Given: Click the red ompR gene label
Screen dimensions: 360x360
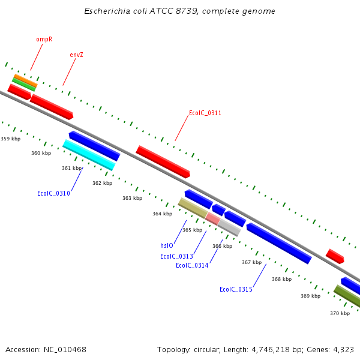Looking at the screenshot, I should click(44, 39).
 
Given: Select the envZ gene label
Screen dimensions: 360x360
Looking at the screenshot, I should click(76, 55).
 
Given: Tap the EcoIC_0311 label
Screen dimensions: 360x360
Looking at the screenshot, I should click(205, 113).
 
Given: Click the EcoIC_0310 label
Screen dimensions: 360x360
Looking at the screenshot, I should click(53, 193).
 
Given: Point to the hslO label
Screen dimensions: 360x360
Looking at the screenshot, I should click(166, 245).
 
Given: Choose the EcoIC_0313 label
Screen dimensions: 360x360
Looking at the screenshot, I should click(176, 256).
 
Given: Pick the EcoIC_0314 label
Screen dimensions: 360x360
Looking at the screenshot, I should click(192, 265).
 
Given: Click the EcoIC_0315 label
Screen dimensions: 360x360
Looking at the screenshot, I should click(236, 289).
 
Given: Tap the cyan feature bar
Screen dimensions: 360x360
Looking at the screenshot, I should click(89, 155).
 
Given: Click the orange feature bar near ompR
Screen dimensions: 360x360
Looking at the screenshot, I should click(26, 80).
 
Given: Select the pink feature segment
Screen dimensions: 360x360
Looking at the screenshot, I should click(212, 219).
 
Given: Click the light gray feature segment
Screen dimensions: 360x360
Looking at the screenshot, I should click(229, 227).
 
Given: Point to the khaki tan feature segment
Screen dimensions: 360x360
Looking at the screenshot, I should click(193, 208).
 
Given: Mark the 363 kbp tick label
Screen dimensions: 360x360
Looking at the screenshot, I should click(132, 198).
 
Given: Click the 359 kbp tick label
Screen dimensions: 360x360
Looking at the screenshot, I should click(10, 139).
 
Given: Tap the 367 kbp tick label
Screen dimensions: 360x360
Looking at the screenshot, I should click(251, 262).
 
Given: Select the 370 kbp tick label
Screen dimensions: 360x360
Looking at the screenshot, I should click(340, 313).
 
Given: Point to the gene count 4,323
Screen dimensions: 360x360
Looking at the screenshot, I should click(343, 349).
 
